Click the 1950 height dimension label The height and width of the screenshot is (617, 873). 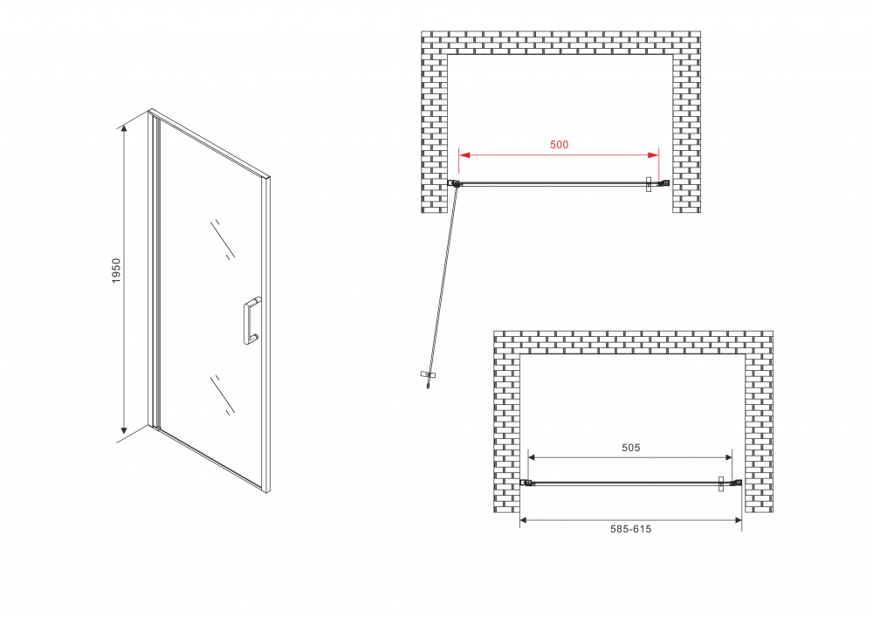(x=116, y=271)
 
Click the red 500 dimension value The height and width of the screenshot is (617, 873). (x=559, y=145)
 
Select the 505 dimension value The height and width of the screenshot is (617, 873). (x=631, y=448)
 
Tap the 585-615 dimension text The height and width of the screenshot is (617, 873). (x=631, y=529)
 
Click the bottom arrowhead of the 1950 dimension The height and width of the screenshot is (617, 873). (x=125, y=428)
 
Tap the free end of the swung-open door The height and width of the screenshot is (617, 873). (x=428, y=378)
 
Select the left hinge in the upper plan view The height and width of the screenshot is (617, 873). (x=454, y=183)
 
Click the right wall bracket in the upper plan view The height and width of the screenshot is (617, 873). (x=663, y=183)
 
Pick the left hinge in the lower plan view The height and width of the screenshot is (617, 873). (x=526, y=483)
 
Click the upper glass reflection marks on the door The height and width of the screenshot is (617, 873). (x=223, y=238)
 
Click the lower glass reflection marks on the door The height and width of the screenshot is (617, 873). (x=223, y=394)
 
